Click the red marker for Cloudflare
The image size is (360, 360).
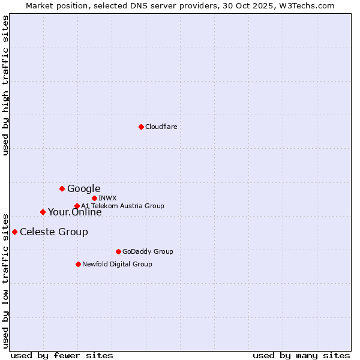141,127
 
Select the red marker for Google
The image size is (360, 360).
62,188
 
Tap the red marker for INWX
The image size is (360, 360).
94,198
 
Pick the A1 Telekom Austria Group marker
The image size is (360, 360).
77,206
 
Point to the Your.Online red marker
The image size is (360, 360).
43,212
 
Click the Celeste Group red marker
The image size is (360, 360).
14,232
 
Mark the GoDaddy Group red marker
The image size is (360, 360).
118,251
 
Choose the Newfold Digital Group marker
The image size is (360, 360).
78,264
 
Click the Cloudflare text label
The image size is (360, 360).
161,127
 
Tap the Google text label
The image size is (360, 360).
83,189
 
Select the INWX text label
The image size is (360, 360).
108,198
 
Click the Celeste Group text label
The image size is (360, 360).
54,232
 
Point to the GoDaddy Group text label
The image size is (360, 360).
148,251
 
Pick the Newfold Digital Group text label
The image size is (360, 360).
117,264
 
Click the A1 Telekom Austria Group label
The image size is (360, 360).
122,206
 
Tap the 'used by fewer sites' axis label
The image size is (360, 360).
62,355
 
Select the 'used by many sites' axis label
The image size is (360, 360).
301,355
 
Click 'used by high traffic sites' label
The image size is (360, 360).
6,85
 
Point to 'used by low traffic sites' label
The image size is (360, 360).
6,280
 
